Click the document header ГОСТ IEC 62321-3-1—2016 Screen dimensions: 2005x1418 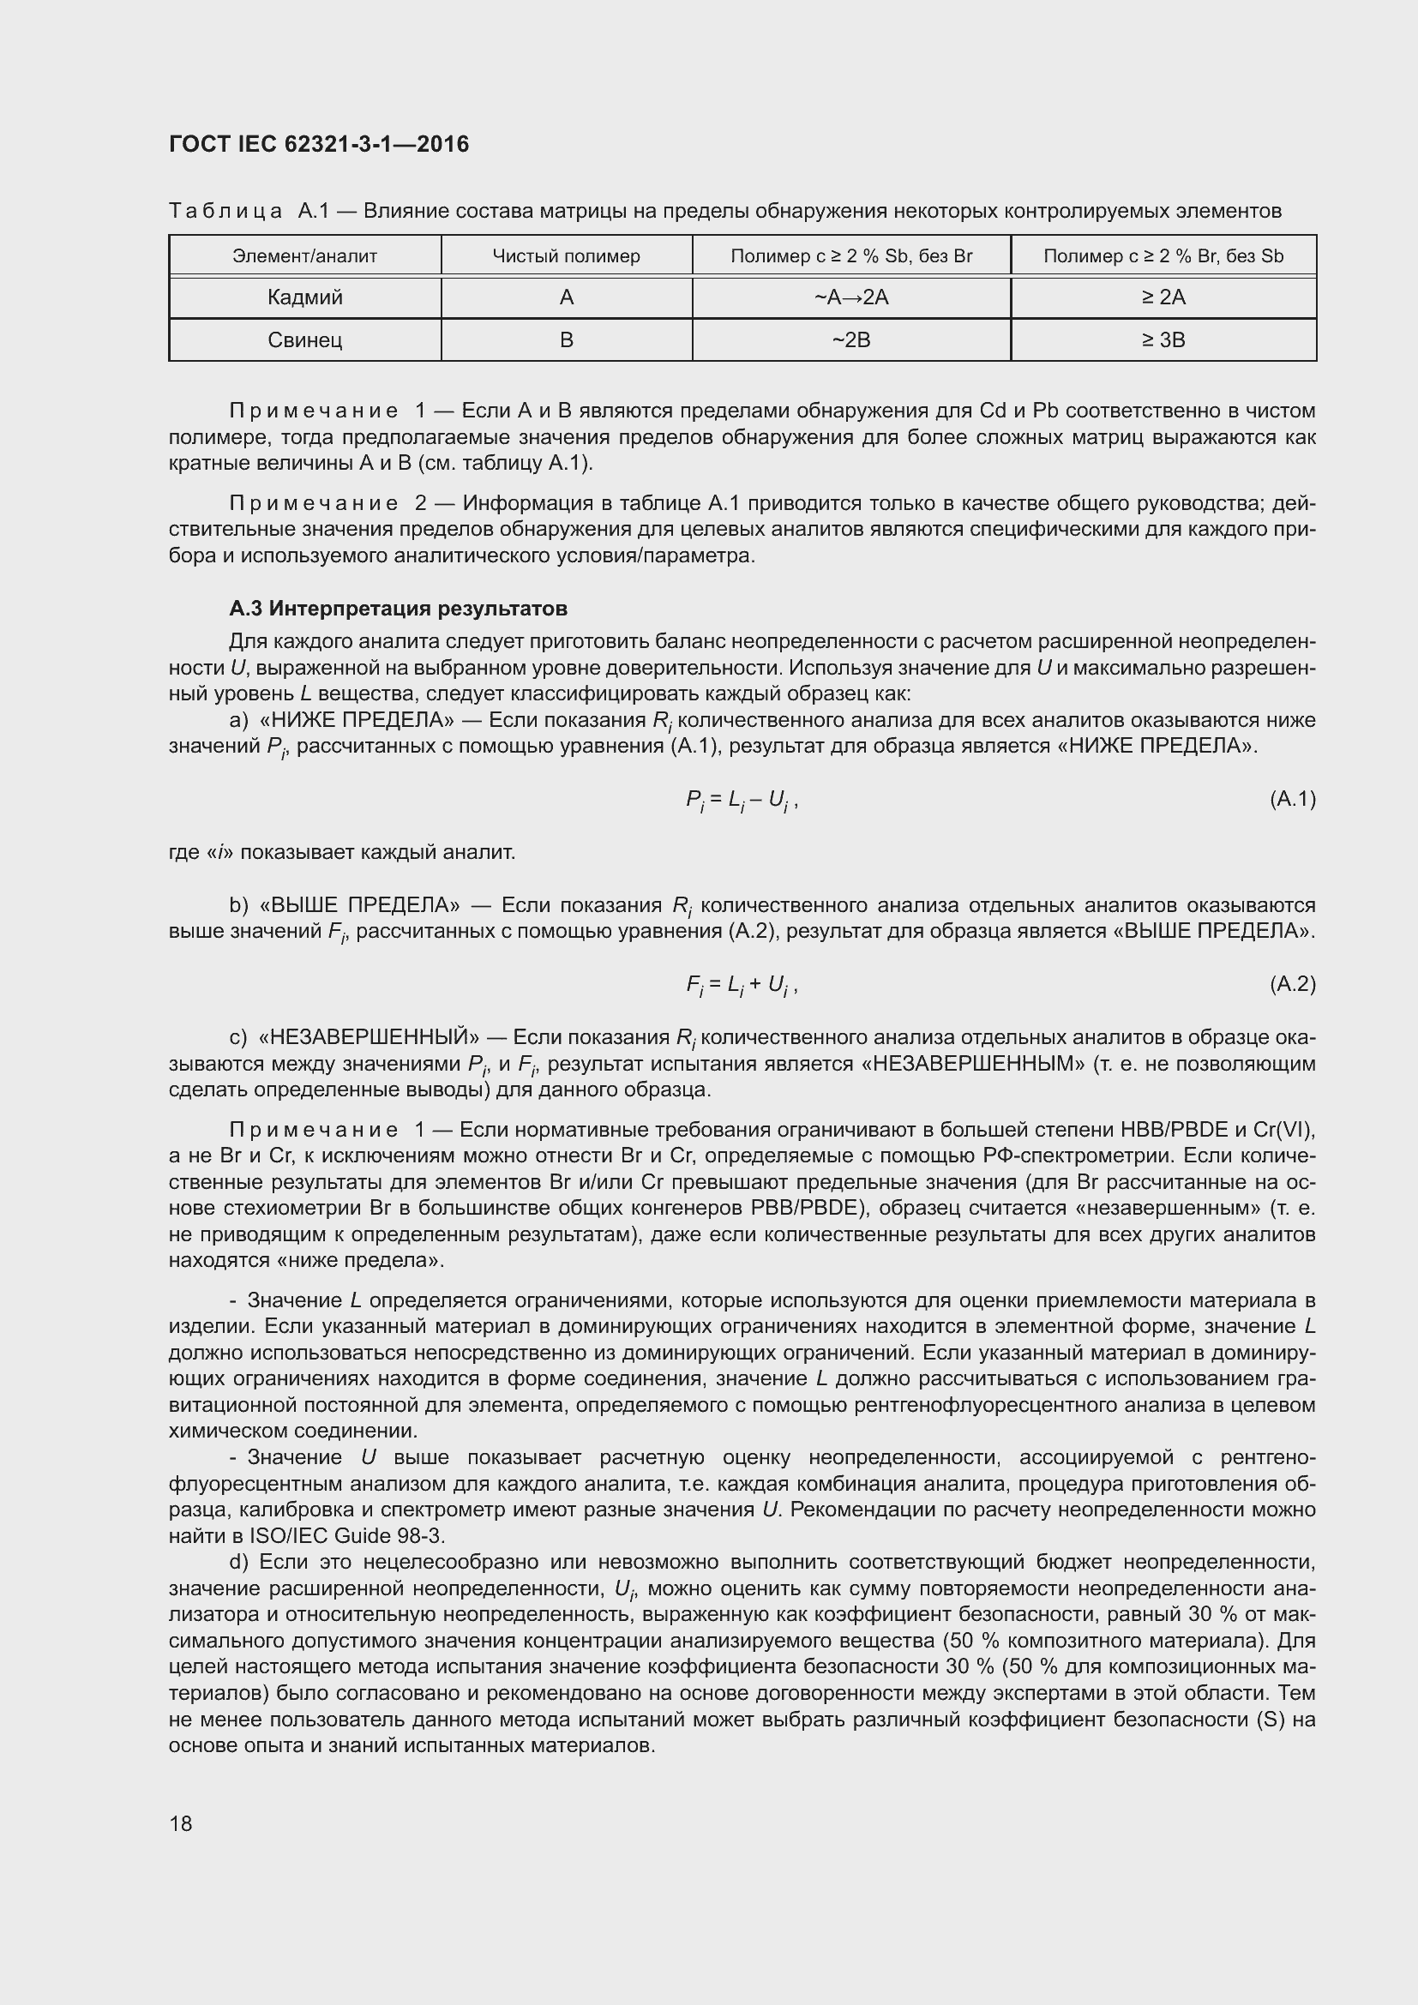pos(319,145)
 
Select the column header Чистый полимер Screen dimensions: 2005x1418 pos(566,255)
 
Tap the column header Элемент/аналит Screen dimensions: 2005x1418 pos(304,255)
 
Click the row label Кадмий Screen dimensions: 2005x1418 pos(304,297)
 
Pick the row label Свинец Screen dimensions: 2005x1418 pos(304,339)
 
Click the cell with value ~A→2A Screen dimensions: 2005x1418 pos(851,297)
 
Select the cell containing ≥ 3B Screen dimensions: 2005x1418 pos(1163,339)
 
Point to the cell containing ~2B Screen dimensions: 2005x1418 pos(851,339)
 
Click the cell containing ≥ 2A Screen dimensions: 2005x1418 pos(1163,297)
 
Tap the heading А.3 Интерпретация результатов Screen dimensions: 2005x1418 pos(398,608)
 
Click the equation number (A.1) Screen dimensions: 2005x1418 pos(1292,799)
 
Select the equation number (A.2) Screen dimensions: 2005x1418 pos(1292,984)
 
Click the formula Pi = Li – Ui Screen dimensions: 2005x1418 pos(742,800)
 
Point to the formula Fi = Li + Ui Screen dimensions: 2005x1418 pos(742,985)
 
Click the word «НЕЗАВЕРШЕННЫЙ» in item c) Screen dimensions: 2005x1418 pos(370,1037)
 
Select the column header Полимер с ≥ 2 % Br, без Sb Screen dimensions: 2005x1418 pos(1163,255)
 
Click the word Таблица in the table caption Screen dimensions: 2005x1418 pos(225,211)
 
